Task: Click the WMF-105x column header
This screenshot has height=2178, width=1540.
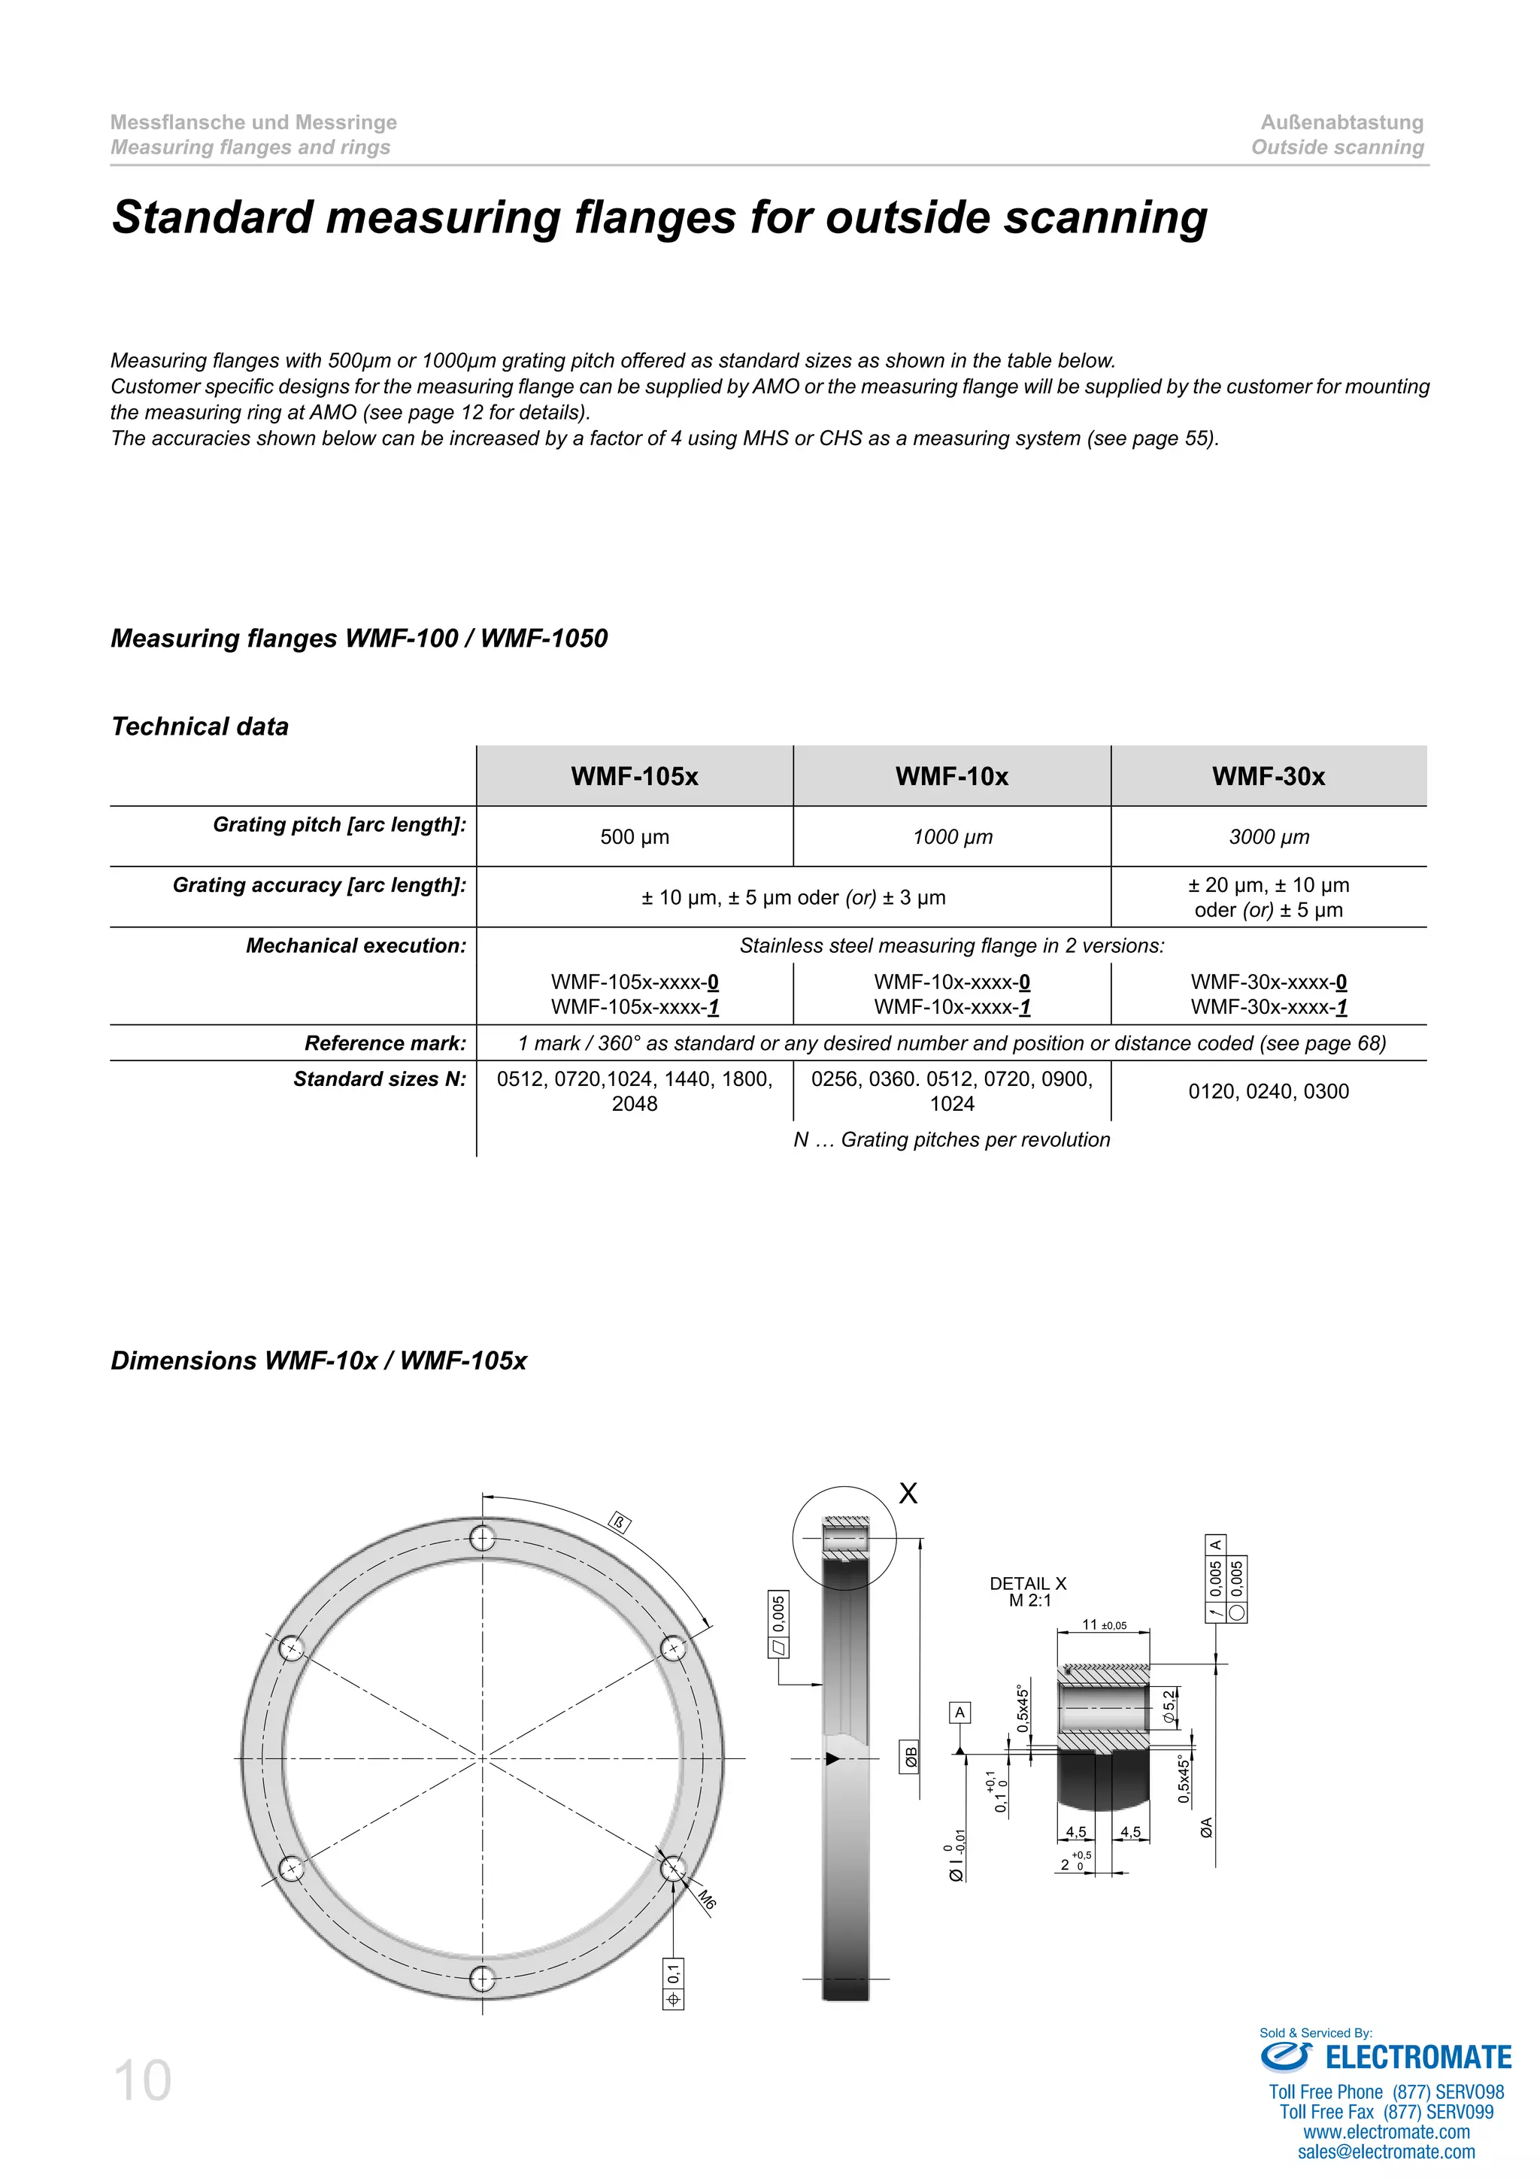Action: click(x=635, y=776)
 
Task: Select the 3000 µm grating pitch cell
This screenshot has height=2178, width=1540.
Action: click(x=1269, y=836)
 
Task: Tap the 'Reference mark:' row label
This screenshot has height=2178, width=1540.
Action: click(x=385, y=1043)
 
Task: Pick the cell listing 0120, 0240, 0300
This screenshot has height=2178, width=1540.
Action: click(x=1269, y=1091)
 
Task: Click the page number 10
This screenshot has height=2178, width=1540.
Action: click(x=142, y=2081)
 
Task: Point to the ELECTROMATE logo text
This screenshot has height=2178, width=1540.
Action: click(x=1417, y=2058)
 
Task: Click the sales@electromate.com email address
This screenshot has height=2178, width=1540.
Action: click(x=1387, y=2152)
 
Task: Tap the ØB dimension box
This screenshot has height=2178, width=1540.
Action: click(x=911, y=1758)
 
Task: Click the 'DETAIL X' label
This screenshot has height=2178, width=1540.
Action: click(x=1028, y=1583)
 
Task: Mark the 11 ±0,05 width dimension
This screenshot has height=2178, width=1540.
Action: click(x=1104, y=1625)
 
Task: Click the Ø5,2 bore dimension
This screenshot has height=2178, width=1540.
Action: click(x=1169, y=1706)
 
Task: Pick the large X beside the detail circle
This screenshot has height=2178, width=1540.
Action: click(x=908, y=1493)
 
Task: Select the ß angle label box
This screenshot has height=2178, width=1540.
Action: click(x=619, y=1524)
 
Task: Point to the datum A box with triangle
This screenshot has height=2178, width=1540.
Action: click(x=959, y=1713)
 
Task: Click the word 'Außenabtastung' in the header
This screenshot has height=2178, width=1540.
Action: click(x=1341, y=123)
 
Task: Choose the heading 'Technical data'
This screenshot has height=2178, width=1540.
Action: click(x=200, y=727)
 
